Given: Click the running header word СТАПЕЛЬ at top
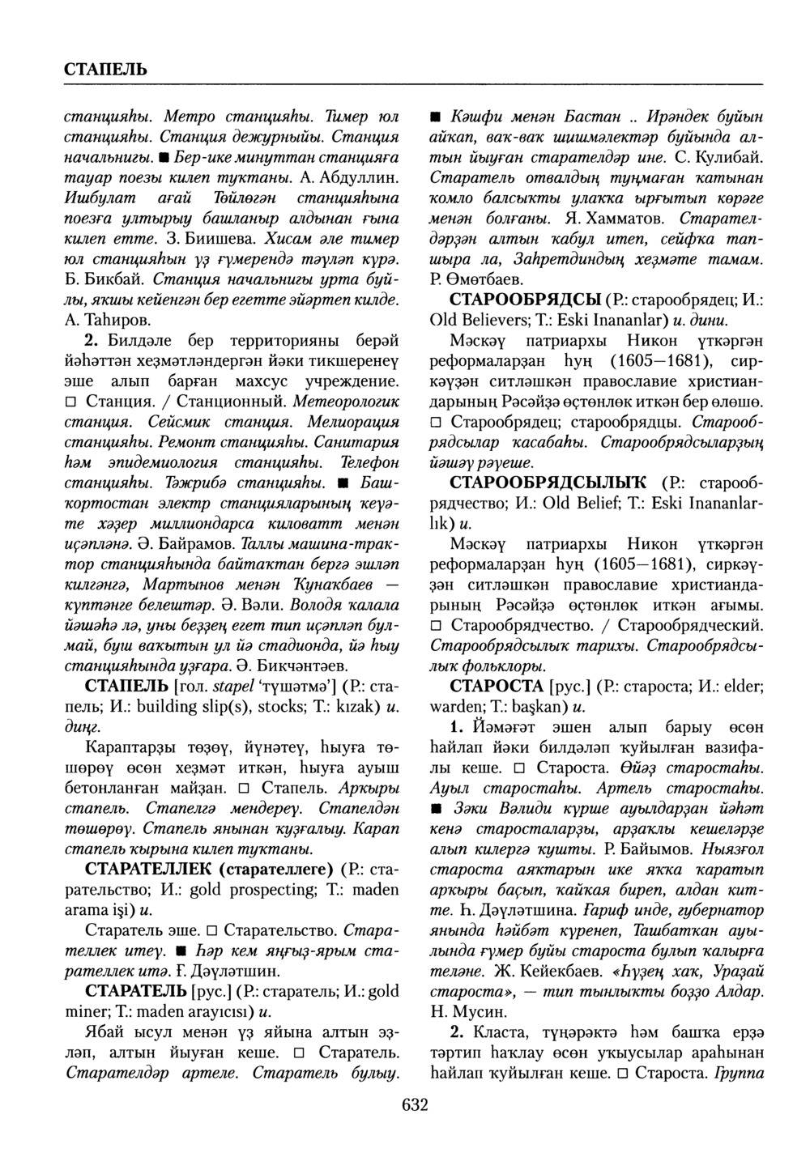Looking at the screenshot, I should pos(105,67).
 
